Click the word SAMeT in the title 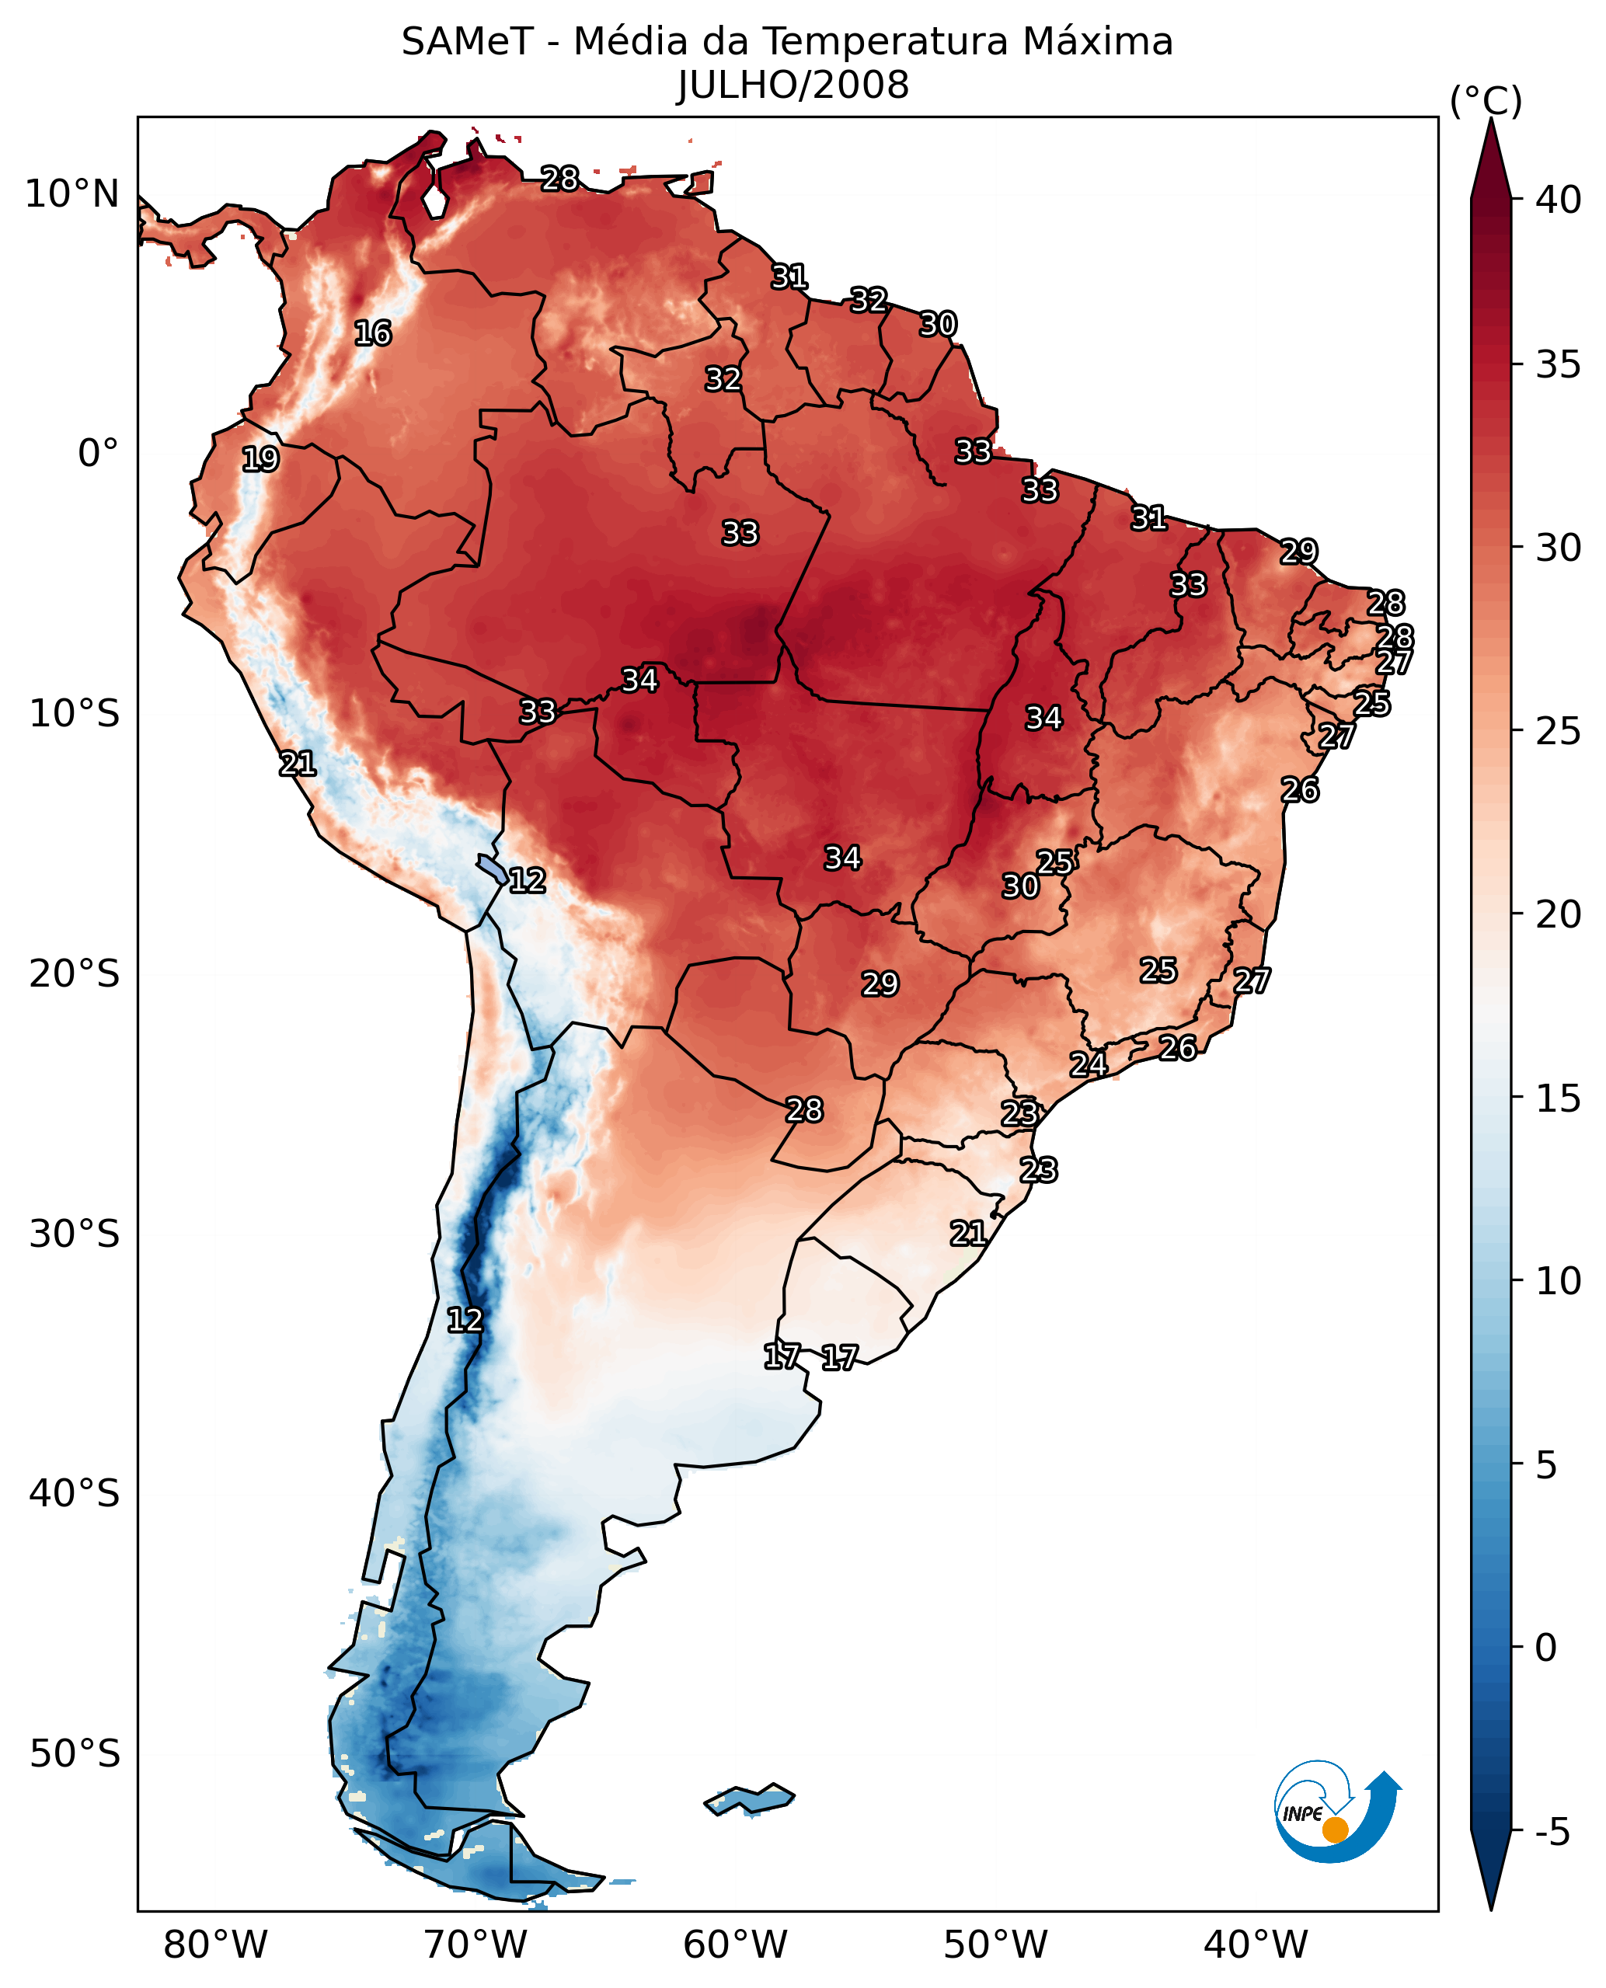[x=467, y=43]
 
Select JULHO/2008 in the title [x=793, y=86]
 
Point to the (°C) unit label [x=1486, y=101]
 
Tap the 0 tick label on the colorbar [x=1546, y=1649]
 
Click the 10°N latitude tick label [x=72, y=195]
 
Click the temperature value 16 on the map [x=374, y=333]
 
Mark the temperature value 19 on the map [x=261, y=459]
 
